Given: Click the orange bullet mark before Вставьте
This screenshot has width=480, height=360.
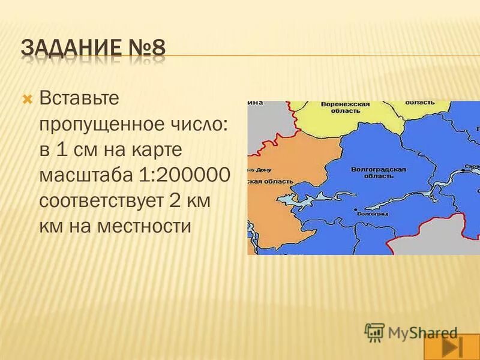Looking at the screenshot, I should click(26, 98).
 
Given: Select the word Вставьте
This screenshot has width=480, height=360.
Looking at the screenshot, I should click(80, 98).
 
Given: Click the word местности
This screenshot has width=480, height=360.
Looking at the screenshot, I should click(146, 227).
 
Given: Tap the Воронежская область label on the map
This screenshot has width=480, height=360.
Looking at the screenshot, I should click(345, 107).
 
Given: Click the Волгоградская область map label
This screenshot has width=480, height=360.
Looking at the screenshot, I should click(379, 173).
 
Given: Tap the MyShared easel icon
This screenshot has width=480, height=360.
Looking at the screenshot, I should click(374, 332).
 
